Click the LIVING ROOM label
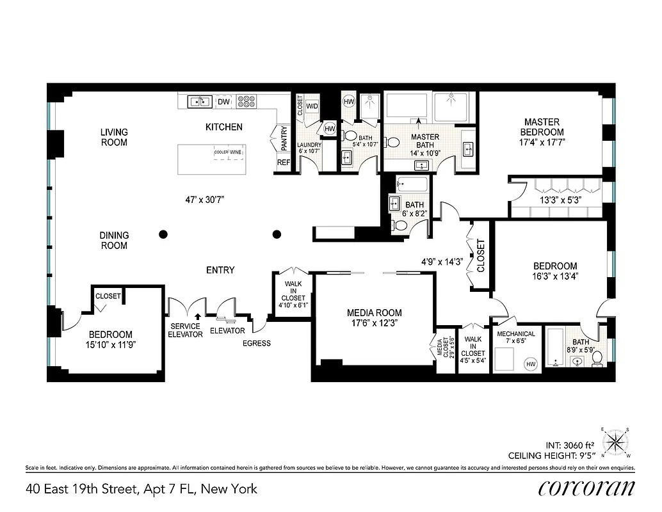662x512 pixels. click(x=114, y=137)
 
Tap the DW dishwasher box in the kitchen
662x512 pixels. click(x=223, y=102)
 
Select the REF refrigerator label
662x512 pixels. click(x=284, y=163)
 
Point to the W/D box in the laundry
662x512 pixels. click(x=312, y=106)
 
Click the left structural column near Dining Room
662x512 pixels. click(x=164, y=234)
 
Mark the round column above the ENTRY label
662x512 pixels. click(x=277, y=234)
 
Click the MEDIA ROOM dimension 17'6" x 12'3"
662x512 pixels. click(x=375, y=323)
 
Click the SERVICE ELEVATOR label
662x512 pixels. click(x=185, y=330)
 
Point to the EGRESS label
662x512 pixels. click(x=257, y=343)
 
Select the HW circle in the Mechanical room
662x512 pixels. click(x=530, y=364)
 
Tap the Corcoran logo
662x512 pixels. click(x=586, y=489)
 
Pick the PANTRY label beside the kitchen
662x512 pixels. click(x=283, y=138)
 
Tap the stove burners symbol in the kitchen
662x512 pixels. click(x=246, y=101)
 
